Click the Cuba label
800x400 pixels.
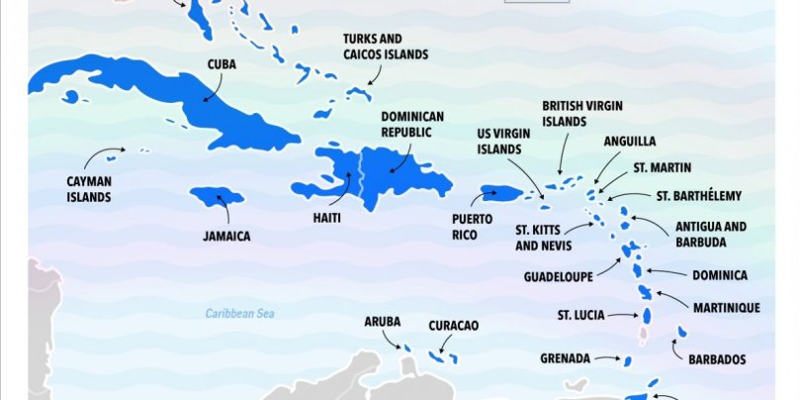(221, 64)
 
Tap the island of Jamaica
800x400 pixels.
(216, 195)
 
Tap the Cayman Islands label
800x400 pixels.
(89, 189)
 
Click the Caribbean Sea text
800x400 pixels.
(238, 314)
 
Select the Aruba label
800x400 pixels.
(382, 322)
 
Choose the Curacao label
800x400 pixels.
(454, 325)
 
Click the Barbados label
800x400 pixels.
(717, 359)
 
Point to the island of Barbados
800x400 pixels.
(681, 332)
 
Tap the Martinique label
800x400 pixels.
(726, 308)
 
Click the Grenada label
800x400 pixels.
(565, 357)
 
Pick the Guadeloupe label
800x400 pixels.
(558, 276)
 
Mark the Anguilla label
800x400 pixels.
(630, 142)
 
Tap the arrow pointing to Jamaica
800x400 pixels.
(226, 213)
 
